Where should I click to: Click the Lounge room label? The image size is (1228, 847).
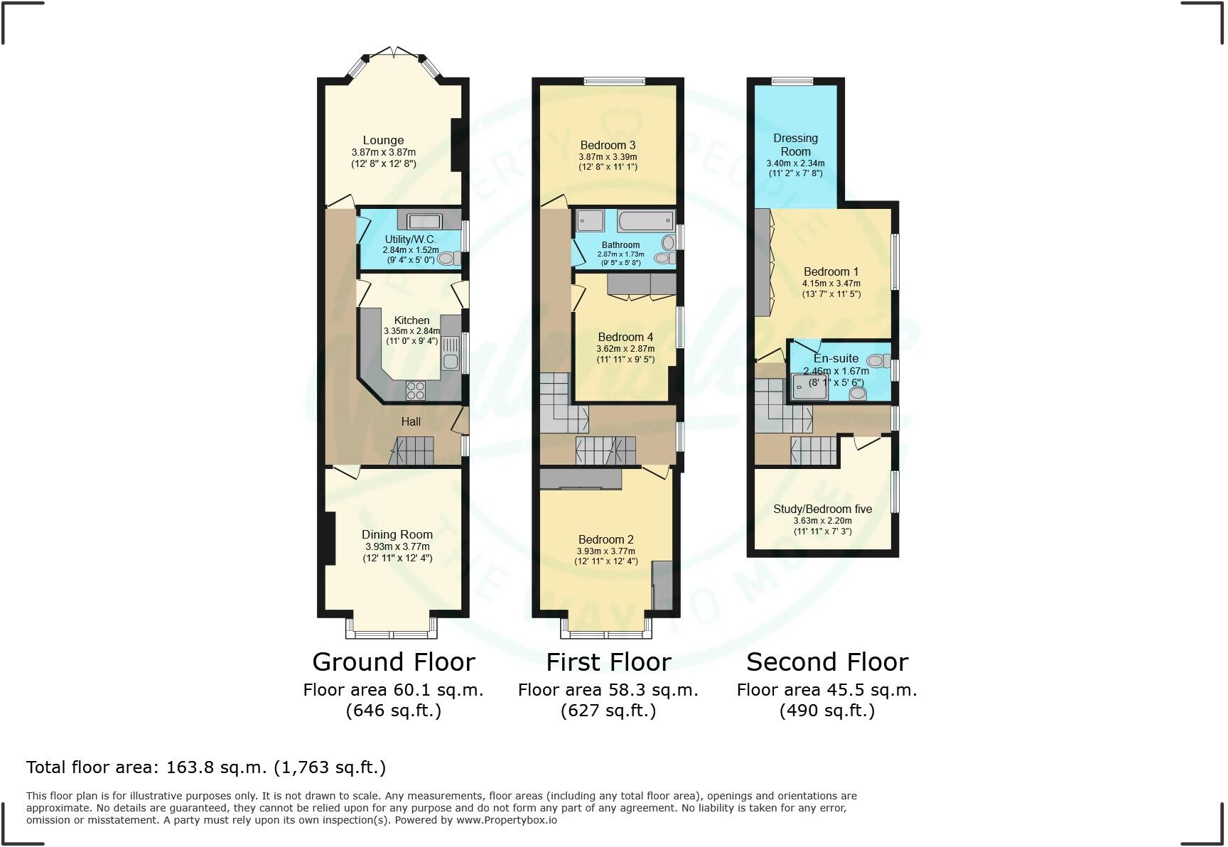[x=383, y=140]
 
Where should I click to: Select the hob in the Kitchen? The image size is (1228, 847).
[x=416, y=390]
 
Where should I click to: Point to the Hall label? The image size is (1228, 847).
[x=411, y=421]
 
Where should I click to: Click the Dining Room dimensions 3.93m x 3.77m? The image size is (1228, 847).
[x=397, y=546]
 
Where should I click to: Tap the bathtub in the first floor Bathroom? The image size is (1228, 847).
[x=645, y=221]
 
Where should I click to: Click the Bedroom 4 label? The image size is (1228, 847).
[x=625, y=337]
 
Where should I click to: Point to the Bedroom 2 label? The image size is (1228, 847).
[x=605, y=539]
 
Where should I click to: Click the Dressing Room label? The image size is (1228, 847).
[x=795, y=145]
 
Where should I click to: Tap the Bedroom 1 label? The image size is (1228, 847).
[x=831, y=271]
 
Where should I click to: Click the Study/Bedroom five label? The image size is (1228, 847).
[x=822, y=509]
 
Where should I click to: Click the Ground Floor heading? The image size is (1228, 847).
[x=394, y=662]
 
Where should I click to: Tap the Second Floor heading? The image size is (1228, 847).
[x=827, y=662]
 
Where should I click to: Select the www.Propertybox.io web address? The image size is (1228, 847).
[x=506, y=820]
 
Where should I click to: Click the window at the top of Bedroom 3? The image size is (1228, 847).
[x=615, y=81]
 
